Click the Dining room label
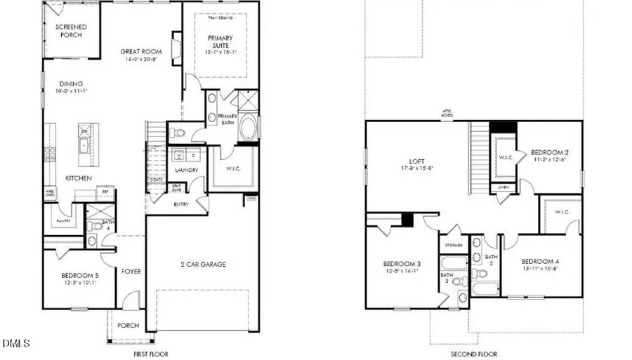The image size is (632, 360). [70, 81]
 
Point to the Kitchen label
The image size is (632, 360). [79, 178]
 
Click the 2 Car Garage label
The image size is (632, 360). [202, 264]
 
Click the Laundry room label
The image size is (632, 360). [186, 170]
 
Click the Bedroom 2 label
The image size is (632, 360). [548, 152]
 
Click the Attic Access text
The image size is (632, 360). [447, 114]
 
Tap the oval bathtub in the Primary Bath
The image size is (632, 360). [249, 129]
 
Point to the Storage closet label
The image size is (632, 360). [451, 246]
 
